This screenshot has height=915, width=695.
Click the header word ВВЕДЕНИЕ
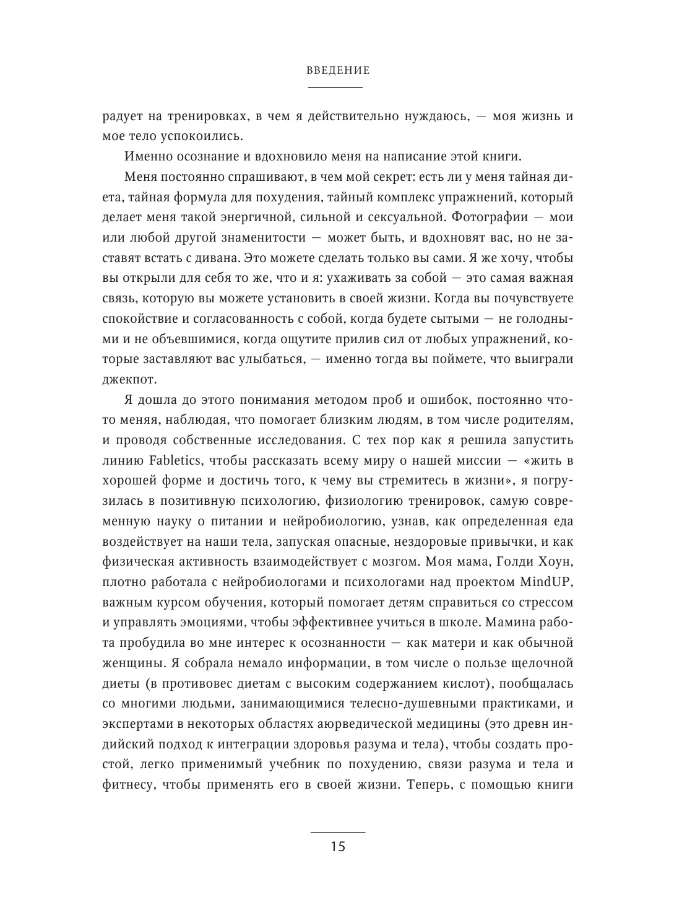pos(338,71)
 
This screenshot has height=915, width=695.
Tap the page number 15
pos(338,847)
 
